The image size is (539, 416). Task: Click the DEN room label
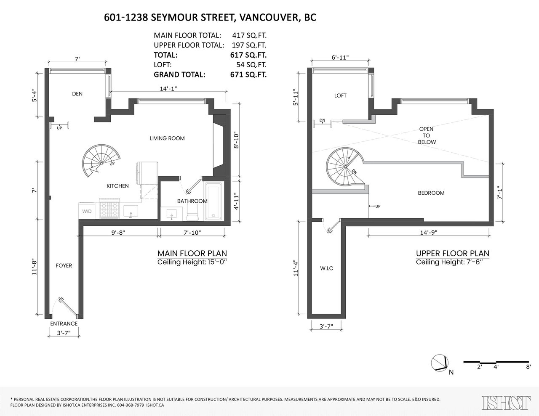pos(77,94)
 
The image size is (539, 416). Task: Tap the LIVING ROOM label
pos(167,138)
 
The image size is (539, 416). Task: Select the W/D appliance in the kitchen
pos(87,211)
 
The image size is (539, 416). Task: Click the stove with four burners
pos(109,208)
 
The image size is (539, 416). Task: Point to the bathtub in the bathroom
pos(214,201)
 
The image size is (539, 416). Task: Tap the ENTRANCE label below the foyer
pos(64,323)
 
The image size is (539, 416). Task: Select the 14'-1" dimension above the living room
pos(168,88)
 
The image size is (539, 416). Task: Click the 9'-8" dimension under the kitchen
pos(118,233)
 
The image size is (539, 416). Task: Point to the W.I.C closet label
pos(326,268)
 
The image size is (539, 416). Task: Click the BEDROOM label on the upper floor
pos(431,193)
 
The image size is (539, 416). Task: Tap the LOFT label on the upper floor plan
pos(340,95)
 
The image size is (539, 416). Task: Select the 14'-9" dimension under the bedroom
pos(429,233)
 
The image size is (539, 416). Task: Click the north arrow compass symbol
pos(440,363)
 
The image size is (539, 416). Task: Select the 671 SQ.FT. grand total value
pos(248,74)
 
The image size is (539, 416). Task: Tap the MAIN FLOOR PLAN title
pos(192,254)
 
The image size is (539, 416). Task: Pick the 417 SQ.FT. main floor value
pos(249,35)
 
